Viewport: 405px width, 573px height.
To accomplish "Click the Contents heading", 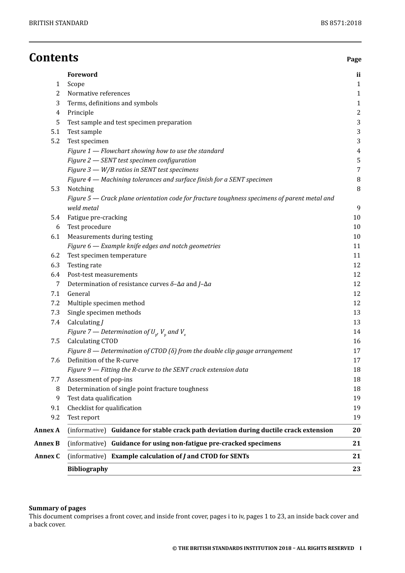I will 54,58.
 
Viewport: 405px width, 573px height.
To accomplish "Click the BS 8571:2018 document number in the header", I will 341,23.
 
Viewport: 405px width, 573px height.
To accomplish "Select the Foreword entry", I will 82,75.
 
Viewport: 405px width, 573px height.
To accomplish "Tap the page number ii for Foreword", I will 358,75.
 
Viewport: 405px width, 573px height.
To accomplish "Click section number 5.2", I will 55,141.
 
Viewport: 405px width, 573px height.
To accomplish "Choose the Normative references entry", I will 98,93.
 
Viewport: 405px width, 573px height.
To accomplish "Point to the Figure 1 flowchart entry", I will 145,151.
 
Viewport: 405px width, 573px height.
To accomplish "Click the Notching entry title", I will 81,189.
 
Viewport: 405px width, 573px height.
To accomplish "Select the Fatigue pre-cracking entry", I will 97,217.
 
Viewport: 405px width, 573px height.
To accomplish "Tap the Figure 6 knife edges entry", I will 144,246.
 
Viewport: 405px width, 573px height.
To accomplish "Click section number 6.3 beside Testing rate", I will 55,265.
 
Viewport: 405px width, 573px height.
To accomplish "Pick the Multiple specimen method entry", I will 106,303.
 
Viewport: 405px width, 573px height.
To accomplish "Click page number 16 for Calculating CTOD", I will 356,341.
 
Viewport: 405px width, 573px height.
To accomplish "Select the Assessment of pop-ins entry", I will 100,379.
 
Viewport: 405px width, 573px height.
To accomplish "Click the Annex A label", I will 47,430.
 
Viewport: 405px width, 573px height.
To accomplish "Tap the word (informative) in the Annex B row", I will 87,443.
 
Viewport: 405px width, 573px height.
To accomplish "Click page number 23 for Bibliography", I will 356,469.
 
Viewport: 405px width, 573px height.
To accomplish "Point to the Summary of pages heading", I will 57,508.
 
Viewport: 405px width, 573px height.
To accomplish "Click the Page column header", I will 354,59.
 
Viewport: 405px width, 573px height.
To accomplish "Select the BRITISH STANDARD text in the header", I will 58,23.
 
